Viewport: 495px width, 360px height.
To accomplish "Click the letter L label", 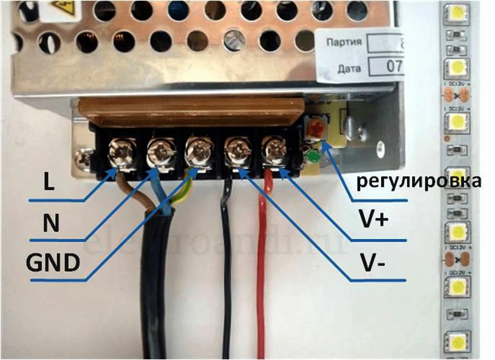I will point(49,181).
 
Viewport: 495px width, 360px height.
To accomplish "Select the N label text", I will point(51,223).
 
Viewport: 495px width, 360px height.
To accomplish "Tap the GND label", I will point(53,263).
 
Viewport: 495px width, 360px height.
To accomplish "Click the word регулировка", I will point(418,181).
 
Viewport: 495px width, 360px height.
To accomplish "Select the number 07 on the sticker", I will point(394,66).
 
